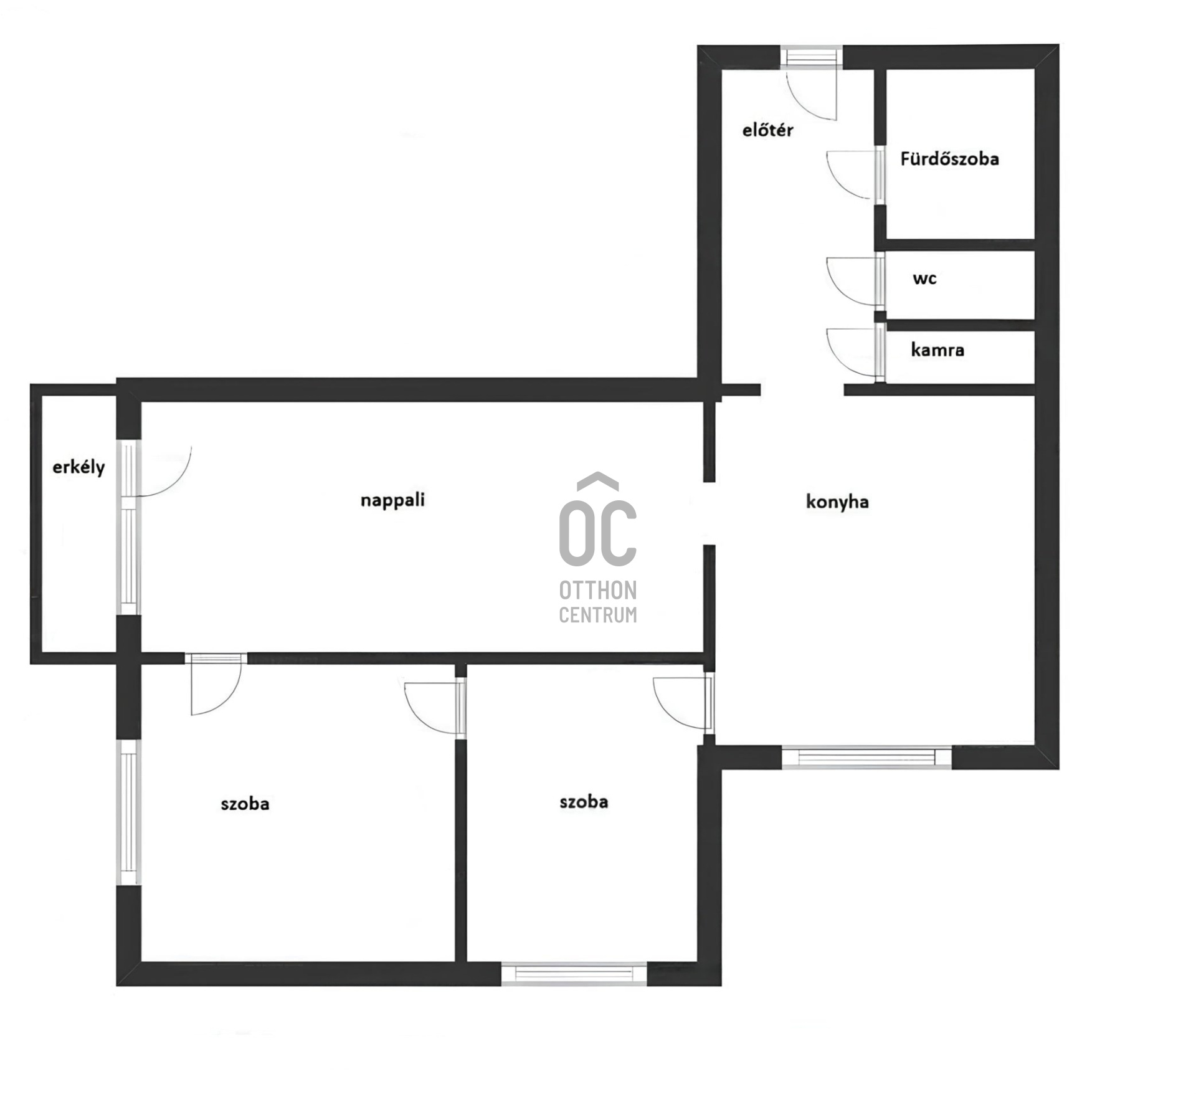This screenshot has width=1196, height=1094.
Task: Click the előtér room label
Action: (767, 130)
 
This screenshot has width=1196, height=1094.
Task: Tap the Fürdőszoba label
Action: (949, 159)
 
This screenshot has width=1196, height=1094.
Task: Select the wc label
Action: (924, 278)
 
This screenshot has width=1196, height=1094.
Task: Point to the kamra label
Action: (937, 350)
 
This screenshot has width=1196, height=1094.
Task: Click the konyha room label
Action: (837, 502)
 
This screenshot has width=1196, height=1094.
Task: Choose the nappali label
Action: (392, 500)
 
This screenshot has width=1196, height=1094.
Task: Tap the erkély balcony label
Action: (78, 467)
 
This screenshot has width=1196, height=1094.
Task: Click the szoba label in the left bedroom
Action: (245, 803)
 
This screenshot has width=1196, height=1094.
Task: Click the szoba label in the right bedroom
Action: (584, 801)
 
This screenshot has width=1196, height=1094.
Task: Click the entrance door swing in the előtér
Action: (810, 93)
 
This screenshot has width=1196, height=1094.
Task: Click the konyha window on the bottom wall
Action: (866, 756)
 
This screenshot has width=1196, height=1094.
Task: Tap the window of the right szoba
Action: (574, 974)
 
